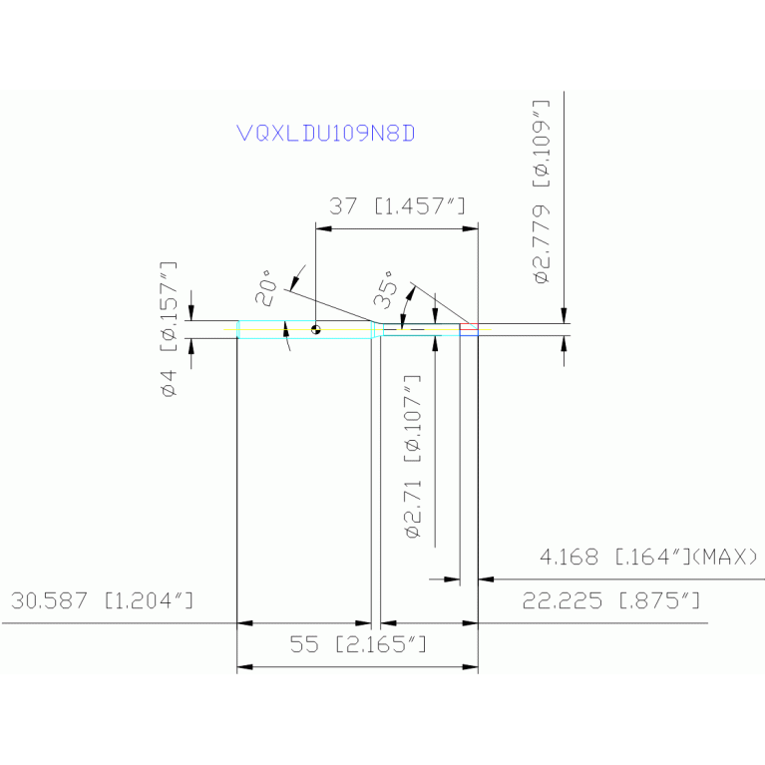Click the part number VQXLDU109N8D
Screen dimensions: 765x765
[x=325, y=133]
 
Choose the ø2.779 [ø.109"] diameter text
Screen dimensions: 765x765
[x=542, y=191]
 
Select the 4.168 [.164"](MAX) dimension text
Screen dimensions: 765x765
[x=648, y=557]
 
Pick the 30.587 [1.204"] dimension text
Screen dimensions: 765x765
[x=101, y=601]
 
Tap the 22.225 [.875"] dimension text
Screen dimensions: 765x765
[x=610, y=601]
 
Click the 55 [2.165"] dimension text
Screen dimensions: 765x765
[x=358, y=645]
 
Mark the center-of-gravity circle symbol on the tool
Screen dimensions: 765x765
[x=315, y=328]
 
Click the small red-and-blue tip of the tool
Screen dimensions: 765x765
[x=469, y=327]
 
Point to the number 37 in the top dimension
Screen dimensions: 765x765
[x=344, y=206]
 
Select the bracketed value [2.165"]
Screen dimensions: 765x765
[x=382, y=645]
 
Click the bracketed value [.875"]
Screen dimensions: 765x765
[x=658, y=601]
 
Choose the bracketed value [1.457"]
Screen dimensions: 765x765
[x=421, y=206]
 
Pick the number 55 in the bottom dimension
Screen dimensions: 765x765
[x=303, y=645]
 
